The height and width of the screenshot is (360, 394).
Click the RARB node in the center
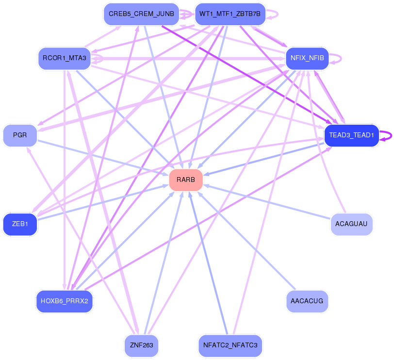pos(186,180)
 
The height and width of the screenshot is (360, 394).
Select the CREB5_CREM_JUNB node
pos(141,14)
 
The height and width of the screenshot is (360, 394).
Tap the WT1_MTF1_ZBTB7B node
pos(230,14)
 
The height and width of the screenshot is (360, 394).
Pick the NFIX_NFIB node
pos(307,58)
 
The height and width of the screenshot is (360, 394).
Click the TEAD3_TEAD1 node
pos(351,135)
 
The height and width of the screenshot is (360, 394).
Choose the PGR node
pos(20,135)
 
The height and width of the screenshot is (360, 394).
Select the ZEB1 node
pos(20,225)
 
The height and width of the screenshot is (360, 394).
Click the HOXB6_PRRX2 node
pos(65,301)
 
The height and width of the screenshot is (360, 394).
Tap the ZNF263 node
pos(141,346)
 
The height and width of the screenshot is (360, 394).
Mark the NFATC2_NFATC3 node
pos(230,346)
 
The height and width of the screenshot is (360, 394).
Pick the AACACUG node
pos(307,301)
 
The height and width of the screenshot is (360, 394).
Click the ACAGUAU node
pos(351,225)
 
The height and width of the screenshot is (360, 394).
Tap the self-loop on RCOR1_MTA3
pos(98,59)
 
